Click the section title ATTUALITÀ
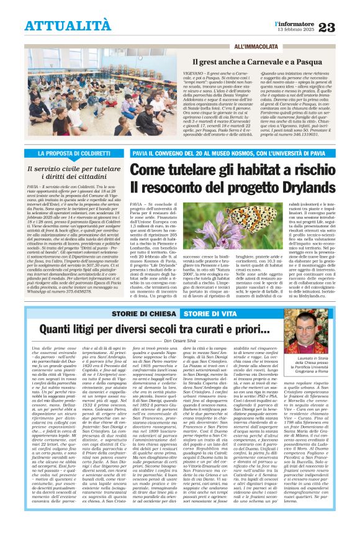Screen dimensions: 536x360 pyautogui.click(x=68, y=25)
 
